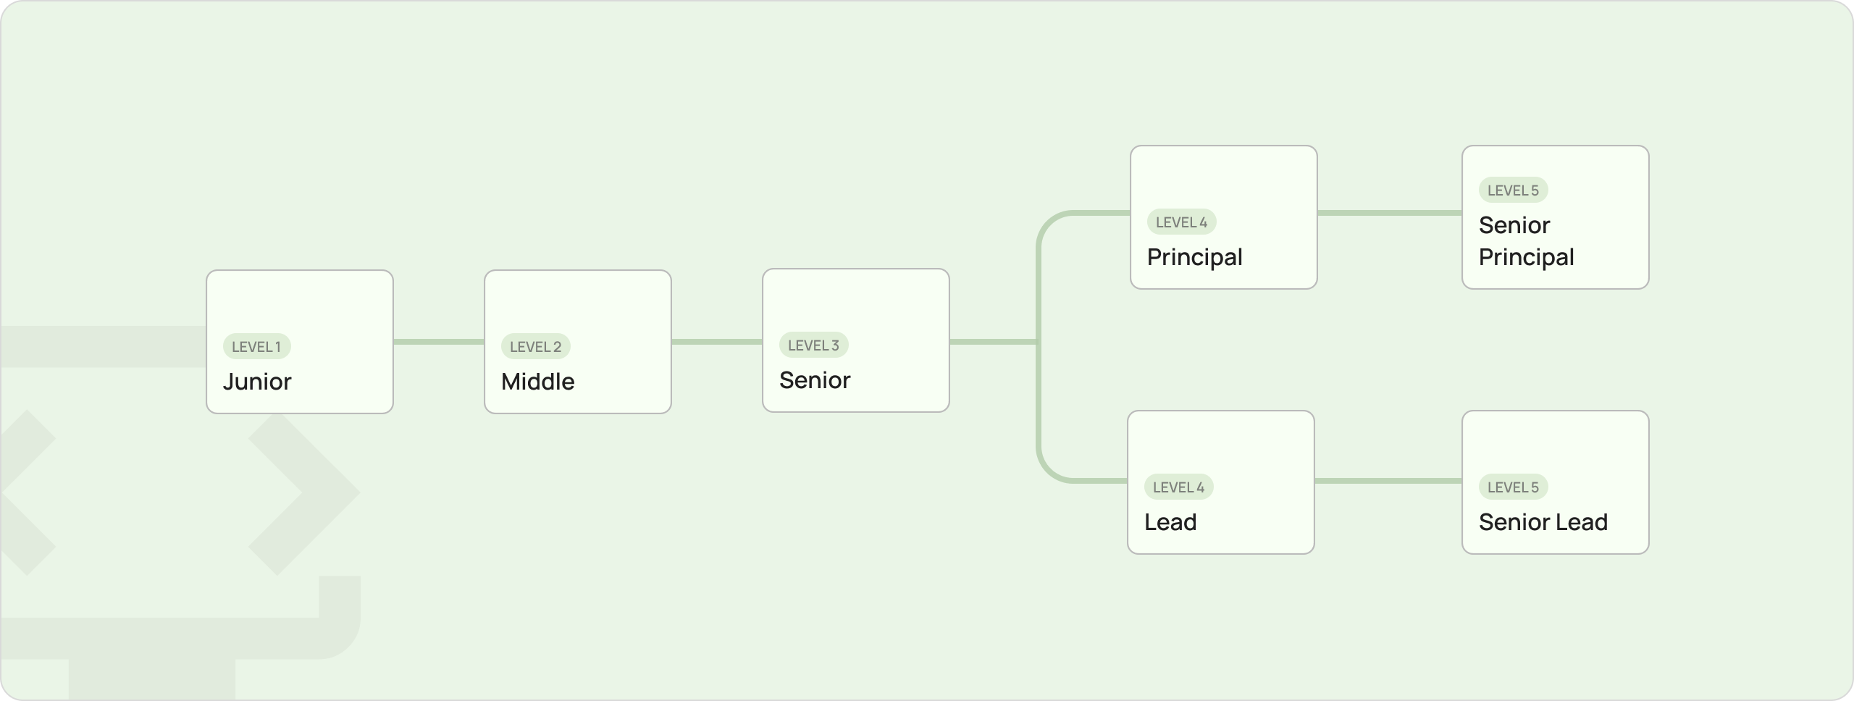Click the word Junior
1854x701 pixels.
pyautogui.click(x=257, y=382)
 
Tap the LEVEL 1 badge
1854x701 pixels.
pyautogui.click(x=256, y=346)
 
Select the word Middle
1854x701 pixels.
pyautogui.click(x=537, y=382)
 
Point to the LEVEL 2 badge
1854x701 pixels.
pyautogui.click(x=536, y=346)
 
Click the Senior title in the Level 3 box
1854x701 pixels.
pyautogui.click(x=815, y=380)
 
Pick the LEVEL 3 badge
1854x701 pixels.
pyautogui.click(x=814, y=345)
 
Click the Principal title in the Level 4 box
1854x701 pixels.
pyautogui.click(x=1195, y=257)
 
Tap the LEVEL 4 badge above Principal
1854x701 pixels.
pyautogui.click(x=1182, y=222)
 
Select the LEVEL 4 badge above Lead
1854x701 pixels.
pyautogui.click(x=1179, y=487)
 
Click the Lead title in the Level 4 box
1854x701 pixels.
pyautogui.click(x=1170, y=522)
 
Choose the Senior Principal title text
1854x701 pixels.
pyautogui.click(x=1527, y=241)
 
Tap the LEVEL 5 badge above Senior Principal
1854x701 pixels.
pyautogui.click(x=1514, y=190)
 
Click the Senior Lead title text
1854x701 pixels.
pyautogui.click(x=1543, y=522)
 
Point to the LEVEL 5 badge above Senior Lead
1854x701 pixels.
pyautogui.click(x=1514, y=487)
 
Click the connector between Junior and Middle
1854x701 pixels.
pyautogui.click(x=439, y=342)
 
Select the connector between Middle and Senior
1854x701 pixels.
pyautogui.click(x=717, y=342)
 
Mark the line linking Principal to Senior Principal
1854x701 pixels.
pyautogui.click(x=1390, y=213)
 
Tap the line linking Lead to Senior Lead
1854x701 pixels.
pyautogui.click(x=1388, y=481)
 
